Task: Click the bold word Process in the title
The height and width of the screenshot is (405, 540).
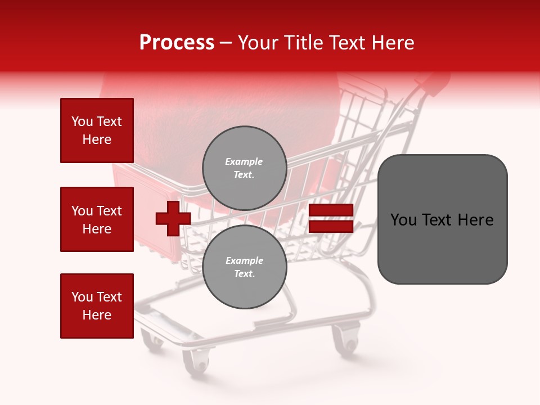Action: [x=177, y=43]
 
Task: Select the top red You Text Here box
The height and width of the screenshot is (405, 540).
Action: [x=97, y=130]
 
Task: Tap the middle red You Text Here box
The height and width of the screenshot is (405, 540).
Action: [x=97, y=219]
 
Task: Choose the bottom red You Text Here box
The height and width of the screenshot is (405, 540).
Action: [x=97, y=306]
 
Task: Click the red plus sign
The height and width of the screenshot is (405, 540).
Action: [x=173, y=218]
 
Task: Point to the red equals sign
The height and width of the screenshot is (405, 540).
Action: [x=331, y=218]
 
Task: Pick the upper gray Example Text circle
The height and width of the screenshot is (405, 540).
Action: [x=244, y=168]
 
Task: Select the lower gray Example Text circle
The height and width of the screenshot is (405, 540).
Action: [x=244, y=267]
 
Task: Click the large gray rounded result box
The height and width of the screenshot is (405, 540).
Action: [x=442, y=219]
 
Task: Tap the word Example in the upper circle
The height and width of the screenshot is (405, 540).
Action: [x=244, y=161]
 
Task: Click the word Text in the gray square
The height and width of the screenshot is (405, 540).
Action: [x=439, y=220]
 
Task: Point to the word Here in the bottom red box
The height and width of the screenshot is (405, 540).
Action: [x=97, y=315]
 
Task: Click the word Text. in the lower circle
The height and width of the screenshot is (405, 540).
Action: [x=244, y=274]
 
